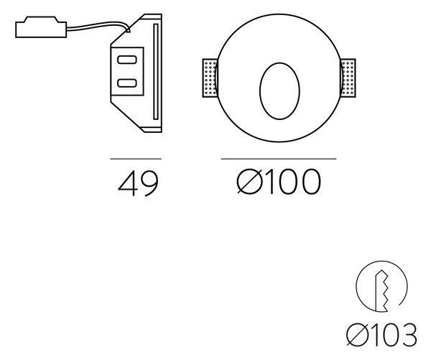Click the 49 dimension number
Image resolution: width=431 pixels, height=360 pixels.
(138, 183)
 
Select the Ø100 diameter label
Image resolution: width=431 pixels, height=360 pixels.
(279, 182)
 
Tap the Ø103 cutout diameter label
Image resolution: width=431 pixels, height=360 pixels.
(381, 335)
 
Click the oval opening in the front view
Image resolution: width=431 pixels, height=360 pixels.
(279, 91)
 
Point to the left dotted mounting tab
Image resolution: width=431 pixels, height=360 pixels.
(210, 78)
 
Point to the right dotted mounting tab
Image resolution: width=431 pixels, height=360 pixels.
(348, 78)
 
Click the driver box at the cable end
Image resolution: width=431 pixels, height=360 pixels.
(41, 27)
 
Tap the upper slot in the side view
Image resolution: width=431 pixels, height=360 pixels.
(127, 60)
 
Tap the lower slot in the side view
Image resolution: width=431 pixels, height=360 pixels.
(127, 83)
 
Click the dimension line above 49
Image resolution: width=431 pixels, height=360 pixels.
(136, 159)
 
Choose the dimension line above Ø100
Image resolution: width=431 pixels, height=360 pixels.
(279, 159)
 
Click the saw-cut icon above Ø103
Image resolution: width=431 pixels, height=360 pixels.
(382, 287)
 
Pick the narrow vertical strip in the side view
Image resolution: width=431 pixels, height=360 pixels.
(156, 72)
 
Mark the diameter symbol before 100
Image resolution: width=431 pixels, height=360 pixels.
(249, 182)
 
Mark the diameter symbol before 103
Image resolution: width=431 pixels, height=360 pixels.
(357, 335)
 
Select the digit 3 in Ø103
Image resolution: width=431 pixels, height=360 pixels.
(409, 335)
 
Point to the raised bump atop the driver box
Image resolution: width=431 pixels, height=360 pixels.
(41, 19)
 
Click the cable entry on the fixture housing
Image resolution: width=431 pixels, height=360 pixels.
(128, 30)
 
